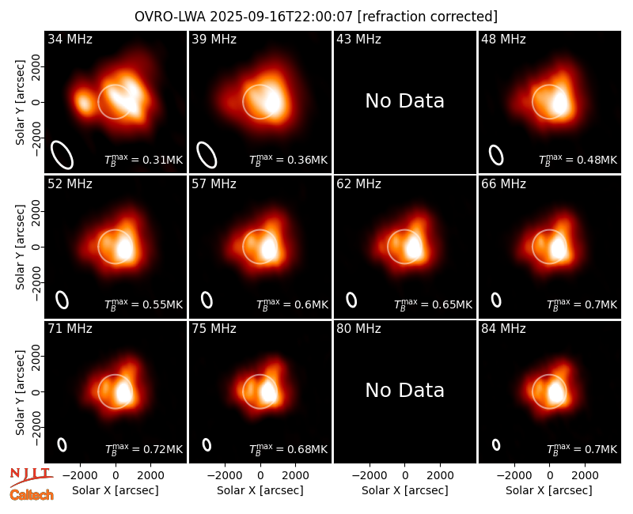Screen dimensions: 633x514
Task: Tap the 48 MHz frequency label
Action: tap(503, 39)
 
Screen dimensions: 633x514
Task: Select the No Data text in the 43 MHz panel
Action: tap(404, 101)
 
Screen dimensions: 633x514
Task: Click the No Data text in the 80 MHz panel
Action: tap(404, 390)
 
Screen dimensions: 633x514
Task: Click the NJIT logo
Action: tap(31, 477)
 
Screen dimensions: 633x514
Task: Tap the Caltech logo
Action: tap(32, 495)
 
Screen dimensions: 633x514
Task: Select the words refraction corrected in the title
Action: tap(428, 17)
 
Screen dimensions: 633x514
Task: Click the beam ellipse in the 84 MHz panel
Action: tap(496, 444)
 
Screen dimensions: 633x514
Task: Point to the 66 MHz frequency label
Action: tap(503, 184)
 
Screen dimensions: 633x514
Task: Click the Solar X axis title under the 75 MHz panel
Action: tap(260, 490)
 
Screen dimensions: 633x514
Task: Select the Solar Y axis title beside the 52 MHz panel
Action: tap(21, 247)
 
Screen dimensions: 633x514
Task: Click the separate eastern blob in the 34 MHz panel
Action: tap(84, 101)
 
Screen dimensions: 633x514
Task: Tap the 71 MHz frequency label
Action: tap(70, 329)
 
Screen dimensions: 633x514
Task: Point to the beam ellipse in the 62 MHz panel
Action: tap(351, 300)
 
